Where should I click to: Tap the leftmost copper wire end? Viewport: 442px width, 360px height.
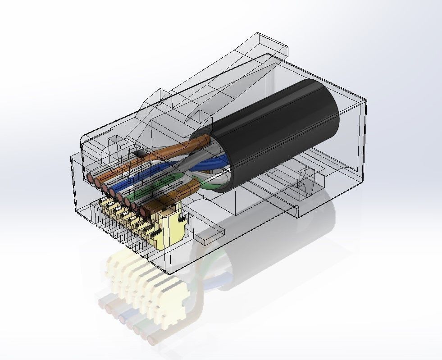(91, 179)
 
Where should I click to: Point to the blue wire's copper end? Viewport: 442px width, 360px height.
(113, 193)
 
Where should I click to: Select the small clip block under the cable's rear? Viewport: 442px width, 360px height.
(311, 180)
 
